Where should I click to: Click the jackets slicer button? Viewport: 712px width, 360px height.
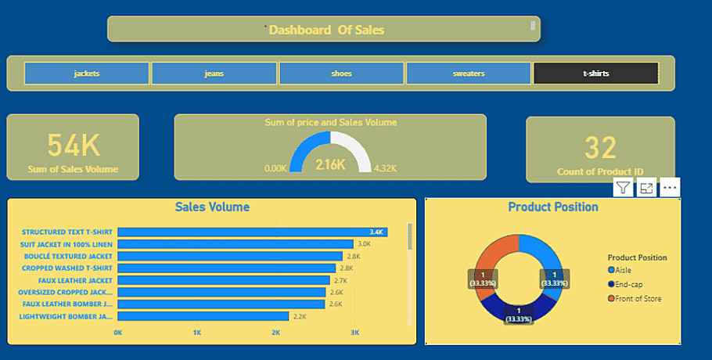coord(86,74)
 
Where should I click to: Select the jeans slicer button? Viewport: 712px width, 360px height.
coord(214,74)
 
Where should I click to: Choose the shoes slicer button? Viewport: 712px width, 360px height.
coord(341,74)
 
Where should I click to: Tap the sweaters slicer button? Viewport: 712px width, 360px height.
coord(468,74)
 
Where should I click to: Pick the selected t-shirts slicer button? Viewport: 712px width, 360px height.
coord(595,74)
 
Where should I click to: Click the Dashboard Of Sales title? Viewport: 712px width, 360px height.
coord(326,30)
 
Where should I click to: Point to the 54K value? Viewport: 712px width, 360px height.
coord(74,146)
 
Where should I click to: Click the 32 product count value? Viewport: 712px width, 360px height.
coord(600,147)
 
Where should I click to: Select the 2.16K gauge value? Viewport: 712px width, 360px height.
coord(329,164)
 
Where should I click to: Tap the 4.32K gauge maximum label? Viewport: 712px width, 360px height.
coord(385,168)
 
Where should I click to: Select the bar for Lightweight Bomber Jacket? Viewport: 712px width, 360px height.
coord(203,316)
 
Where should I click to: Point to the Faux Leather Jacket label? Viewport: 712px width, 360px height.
coord(67,280)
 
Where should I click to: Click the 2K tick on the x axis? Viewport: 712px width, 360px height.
coord(276,333)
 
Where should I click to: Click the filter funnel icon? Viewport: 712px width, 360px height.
coord(623,187)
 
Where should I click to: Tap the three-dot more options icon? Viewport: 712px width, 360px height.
coord(670,188)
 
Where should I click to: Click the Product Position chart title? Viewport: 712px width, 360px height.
coord(552,207)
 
